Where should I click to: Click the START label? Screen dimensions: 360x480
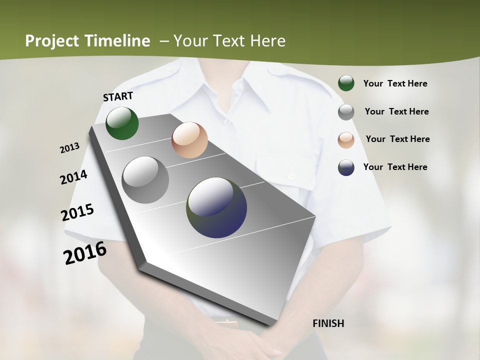tap(118, 96)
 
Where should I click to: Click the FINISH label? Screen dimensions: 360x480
tap(328, 323)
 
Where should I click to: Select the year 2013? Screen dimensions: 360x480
tap(69, 147)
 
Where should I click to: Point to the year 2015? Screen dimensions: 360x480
tap(77, 212)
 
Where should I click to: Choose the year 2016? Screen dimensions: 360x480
tap(85, 253)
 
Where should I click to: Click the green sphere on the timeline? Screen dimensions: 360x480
tap(122, 123)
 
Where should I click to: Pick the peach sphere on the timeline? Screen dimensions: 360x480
tap(189, 140)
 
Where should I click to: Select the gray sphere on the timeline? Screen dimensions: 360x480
tap(145, 180)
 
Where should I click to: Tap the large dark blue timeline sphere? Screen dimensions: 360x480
tap(216, 207)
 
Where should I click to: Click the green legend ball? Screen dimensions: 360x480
tap(346, 83)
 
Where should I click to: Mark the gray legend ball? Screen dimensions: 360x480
tap(346, 112)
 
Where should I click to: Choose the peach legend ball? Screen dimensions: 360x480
tap(346, 139)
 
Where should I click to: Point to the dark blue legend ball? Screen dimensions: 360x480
tap(346, 167)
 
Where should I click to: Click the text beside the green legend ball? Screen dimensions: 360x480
tap(395, 83)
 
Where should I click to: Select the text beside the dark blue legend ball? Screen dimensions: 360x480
tap(395, 167)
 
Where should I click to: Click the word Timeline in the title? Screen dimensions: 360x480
tap(118, 41)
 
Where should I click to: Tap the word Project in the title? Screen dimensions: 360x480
tap(52, 41)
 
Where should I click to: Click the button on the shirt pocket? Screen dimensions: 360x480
tap(291, 176)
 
